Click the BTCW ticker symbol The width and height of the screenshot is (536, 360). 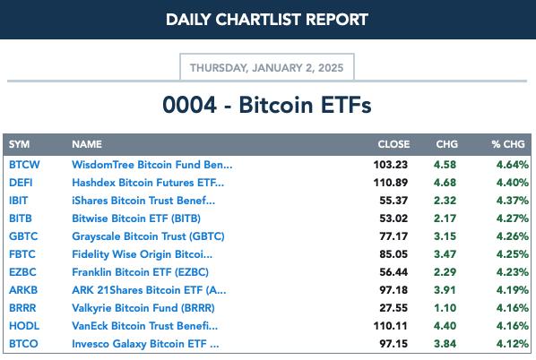24,165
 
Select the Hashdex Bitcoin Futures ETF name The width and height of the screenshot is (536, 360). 148,183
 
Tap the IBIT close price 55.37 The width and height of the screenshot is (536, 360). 393,201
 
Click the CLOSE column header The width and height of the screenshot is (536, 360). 393,144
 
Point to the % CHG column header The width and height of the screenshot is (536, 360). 508,144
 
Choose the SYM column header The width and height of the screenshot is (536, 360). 19,144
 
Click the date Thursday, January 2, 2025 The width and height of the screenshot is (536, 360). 266,68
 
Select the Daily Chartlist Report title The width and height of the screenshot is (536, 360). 267,20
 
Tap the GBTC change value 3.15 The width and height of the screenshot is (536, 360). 445,236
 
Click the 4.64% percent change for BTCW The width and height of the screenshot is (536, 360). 513,165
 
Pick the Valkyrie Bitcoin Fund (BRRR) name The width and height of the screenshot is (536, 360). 143,308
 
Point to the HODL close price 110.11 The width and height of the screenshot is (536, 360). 391,326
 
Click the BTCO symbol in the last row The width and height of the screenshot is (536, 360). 23,344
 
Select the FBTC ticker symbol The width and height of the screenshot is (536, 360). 22,254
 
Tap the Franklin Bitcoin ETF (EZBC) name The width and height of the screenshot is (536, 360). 140,272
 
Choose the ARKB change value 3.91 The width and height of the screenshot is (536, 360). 445,290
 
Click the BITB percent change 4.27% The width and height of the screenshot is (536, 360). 513,219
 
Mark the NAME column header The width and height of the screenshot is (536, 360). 87,144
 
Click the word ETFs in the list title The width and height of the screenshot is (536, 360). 346,105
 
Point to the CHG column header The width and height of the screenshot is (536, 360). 446,144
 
